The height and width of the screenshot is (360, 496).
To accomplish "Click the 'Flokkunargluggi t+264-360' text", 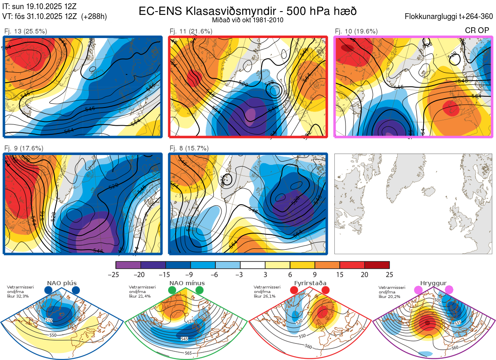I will (x=450, y=17).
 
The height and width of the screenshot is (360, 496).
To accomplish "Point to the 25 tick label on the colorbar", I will (x=389, y=274).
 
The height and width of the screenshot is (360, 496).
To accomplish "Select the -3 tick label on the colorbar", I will (x=240, y=274).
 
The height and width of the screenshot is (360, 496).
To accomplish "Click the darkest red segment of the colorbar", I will (x=377, y=265).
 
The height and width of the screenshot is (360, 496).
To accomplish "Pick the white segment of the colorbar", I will (x=253, y=265).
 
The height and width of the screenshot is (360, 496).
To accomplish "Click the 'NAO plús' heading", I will (x=61, y=283).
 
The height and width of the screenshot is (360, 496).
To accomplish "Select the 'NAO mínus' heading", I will (x=187, y=283).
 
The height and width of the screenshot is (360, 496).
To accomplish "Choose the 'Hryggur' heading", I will (x=433, y=283).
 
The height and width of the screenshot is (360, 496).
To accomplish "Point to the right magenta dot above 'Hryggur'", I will (x=449, y=290).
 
